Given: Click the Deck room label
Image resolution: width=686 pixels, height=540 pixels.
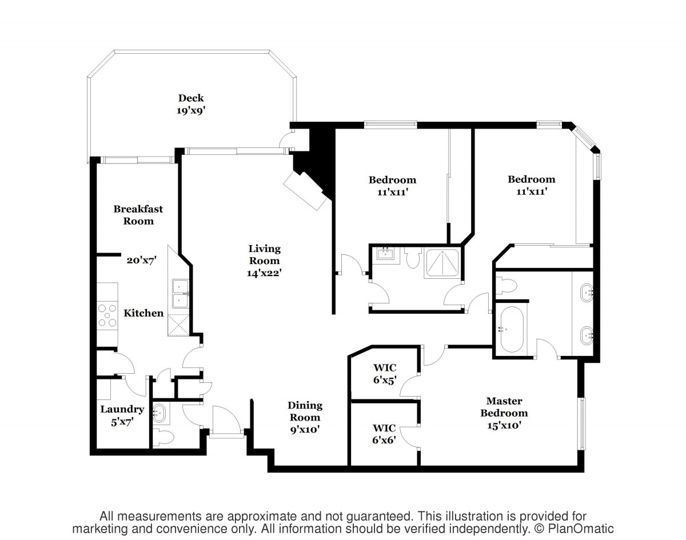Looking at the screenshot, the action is click(191, 98).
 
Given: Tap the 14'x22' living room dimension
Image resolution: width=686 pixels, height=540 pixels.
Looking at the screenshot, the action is click(264, 273).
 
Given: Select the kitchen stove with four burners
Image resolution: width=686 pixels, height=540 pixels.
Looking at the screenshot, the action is click(107, 315).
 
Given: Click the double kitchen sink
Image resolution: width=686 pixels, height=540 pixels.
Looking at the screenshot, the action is click(181, 294).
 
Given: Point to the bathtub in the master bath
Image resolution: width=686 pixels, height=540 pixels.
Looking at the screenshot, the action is click(512, 329).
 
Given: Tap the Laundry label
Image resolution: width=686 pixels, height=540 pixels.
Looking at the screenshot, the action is click(122, 409).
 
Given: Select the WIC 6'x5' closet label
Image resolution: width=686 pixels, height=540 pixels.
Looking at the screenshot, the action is click(385, 374).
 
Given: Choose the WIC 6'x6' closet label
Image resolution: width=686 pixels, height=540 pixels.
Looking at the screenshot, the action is click(384, 434).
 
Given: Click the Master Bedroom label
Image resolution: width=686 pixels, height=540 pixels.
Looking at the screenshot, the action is click(504, 407).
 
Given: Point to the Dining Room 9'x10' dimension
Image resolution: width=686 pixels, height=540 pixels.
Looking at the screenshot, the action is click(305, 429).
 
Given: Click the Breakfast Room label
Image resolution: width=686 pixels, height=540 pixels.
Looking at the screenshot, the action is click(138, 215).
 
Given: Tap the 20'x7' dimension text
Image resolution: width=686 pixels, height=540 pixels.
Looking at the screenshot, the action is click(141, 260).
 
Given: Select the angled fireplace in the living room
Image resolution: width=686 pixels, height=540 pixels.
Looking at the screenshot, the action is click(305, 191).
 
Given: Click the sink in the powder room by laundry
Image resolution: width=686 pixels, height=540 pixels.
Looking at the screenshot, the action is click(159, 413).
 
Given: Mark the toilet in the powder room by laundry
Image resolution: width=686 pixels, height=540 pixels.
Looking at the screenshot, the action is click(163, 437).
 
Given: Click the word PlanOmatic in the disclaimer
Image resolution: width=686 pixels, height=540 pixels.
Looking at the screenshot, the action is click(581, 529).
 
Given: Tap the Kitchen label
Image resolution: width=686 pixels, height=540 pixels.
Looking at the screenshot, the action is click(143, 313).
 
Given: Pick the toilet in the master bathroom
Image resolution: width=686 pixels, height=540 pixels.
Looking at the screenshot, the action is click(506, 286).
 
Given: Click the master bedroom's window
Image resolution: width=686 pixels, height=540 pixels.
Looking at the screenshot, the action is click(583, 423).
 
